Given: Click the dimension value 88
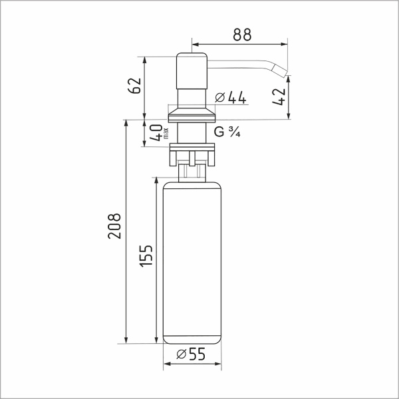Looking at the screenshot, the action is click(242, 35).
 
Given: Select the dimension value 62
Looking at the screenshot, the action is click(134, 86).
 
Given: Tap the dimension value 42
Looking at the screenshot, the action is click(279, 96).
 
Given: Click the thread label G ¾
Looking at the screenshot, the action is click(227, 132).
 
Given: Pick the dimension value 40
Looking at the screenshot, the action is click(156, 132).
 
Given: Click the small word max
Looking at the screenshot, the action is click(166, 134).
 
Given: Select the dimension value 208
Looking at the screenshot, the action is click(114, 226).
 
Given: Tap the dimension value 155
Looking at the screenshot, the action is click(146, 256).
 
